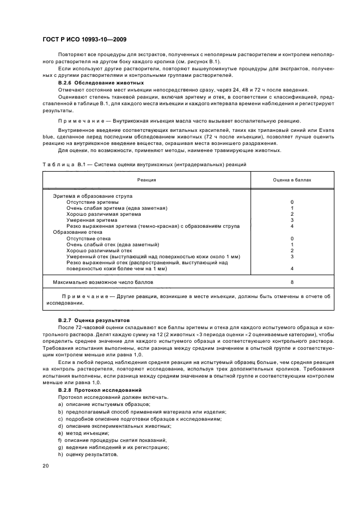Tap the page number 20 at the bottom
pyautogui.click(x=46, y=465)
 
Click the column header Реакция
pyautogui.click(x=147, y=179)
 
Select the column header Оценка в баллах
pyautogui.click(x=292, y=179)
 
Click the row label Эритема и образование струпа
pyautogui.click(x=93, y=196)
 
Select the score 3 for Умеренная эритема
pyautogui.click(x=292, y=220)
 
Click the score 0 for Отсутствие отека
pyautogui.click(x=292, y=239)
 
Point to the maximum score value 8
pyautogui.click(x=292, y=283)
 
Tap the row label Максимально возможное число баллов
pyautogui.click(x=103, y=283)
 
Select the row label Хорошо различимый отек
pyautogui.click(x=99, y=251)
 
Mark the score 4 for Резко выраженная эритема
pyautogui.click(x=292, y=226)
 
